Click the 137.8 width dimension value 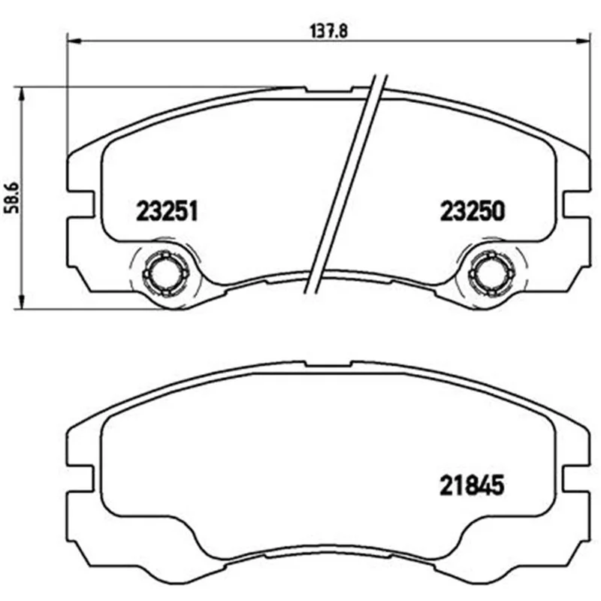328,31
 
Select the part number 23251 167,211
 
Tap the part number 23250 473,211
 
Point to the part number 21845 472,485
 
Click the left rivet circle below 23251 165,274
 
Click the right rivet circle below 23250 491,274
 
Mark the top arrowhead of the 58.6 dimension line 22,93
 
